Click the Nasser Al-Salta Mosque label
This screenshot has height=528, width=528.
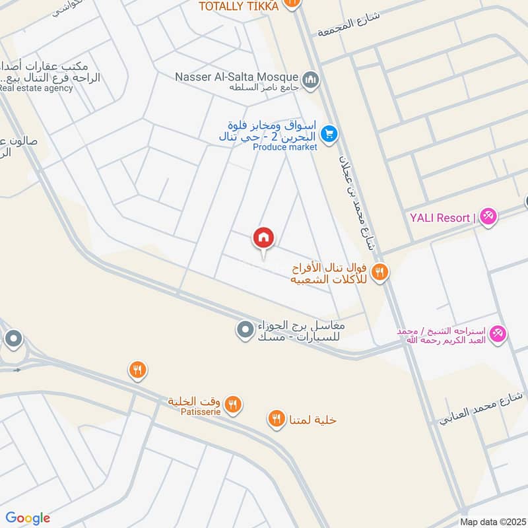pos(237,77)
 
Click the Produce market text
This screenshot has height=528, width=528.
pos(285,147)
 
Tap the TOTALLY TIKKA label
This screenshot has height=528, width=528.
pos(240,5)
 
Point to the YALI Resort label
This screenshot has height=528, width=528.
pos(440,218)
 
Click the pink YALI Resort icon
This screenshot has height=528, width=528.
pos(488,216)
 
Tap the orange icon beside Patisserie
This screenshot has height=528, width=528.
pos(232,405)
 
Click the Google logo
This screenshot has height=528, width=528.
pos(28,518)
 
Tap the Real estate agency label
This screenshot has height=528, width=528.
pos(36,88)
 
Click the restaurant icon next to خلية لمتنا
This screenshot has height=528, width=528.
pos(277,418)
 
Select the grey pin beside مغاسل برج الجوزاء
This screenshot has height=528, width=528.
pos(245,328)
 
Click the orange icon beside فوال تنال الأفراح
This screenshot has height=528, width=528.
pos(379,271)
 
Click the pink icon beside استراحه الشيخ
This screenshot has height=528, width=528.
pos(499,334)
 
